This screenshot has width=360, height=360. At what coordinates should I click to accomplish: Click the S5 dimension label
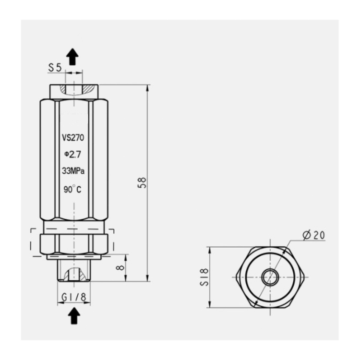coord(55,68)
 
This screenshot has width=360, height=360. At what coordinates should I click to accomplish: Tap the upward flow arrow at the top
coord(72,57)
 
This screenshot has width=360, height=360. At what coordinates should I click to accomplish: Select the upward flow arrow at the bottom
coord(74,316)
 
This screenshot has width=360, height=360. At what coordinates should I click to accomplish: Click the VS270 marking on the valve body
coord(73,138)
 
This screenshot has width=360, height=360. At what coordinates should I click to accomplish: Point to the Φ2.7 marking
coord(72,155)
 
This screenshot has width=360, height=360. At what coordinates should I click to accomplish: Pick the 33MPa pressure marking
coord(73,171)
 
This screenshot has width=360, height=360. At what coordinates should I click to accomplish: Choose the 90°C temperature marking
coord(72,189)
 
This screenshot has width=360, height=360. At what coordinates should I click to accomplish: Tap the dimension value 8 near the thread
coord(120,267)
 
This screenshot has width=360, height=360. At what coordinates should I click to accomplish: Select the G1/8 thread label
coord(74,297)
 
